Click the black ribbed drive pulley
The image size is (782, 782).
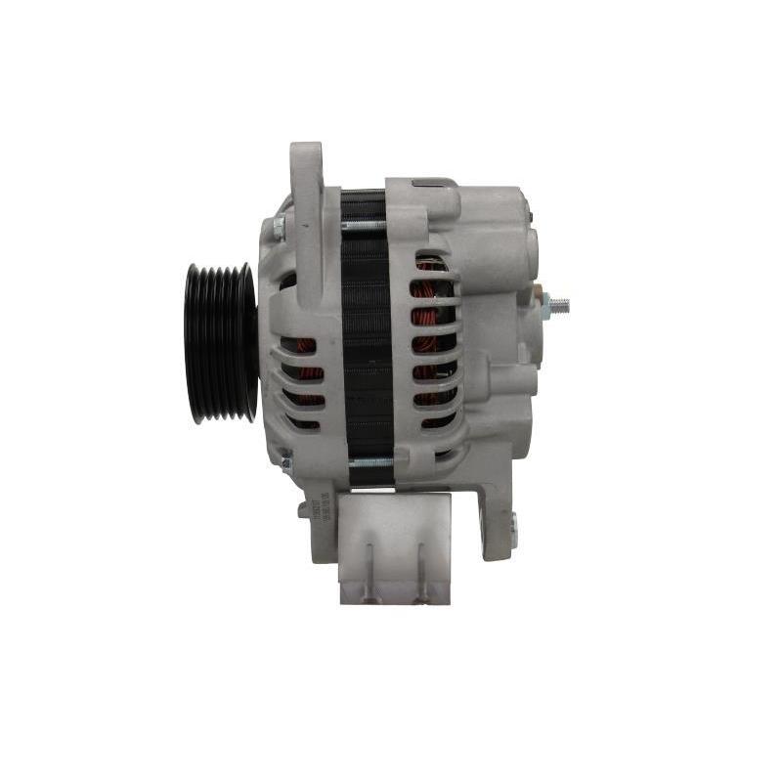(x=221, y=342)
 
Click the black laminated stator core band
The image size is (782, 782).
(x=367, y=342)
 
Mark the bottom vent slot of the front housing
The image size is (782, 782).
(x=304, y=421)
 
